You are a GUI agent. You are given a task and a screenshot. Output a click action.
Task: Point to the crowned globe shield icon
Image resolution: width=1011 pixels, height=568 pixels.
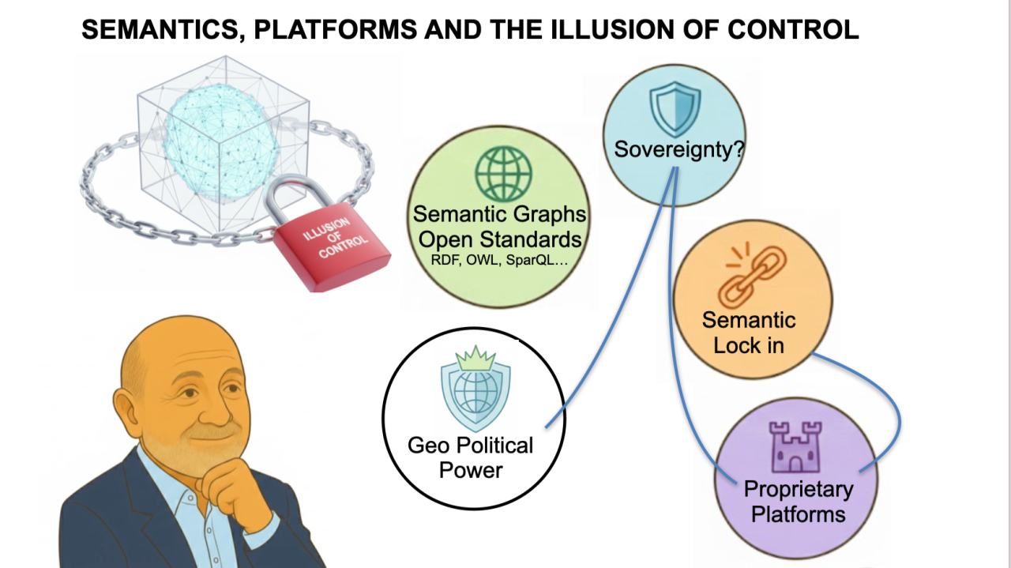tap(472, 388)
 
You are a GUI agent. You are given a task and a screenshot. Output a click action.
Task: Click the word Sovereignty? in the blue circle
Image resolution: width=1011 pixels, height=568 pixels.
tap(678, 149)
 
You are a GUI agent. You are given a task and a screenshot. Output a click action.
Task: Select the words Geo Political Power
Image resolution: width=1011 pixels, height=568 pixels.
tap(471, 457)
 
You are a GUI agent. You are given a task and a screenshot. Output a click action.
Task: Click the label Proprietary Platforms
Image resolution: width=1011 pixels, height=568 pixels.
tap(798, 502)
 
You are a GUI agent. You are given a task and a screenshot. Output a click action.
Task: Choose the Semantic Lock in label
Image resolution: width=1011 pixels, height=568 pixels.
tap(749, 333)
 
